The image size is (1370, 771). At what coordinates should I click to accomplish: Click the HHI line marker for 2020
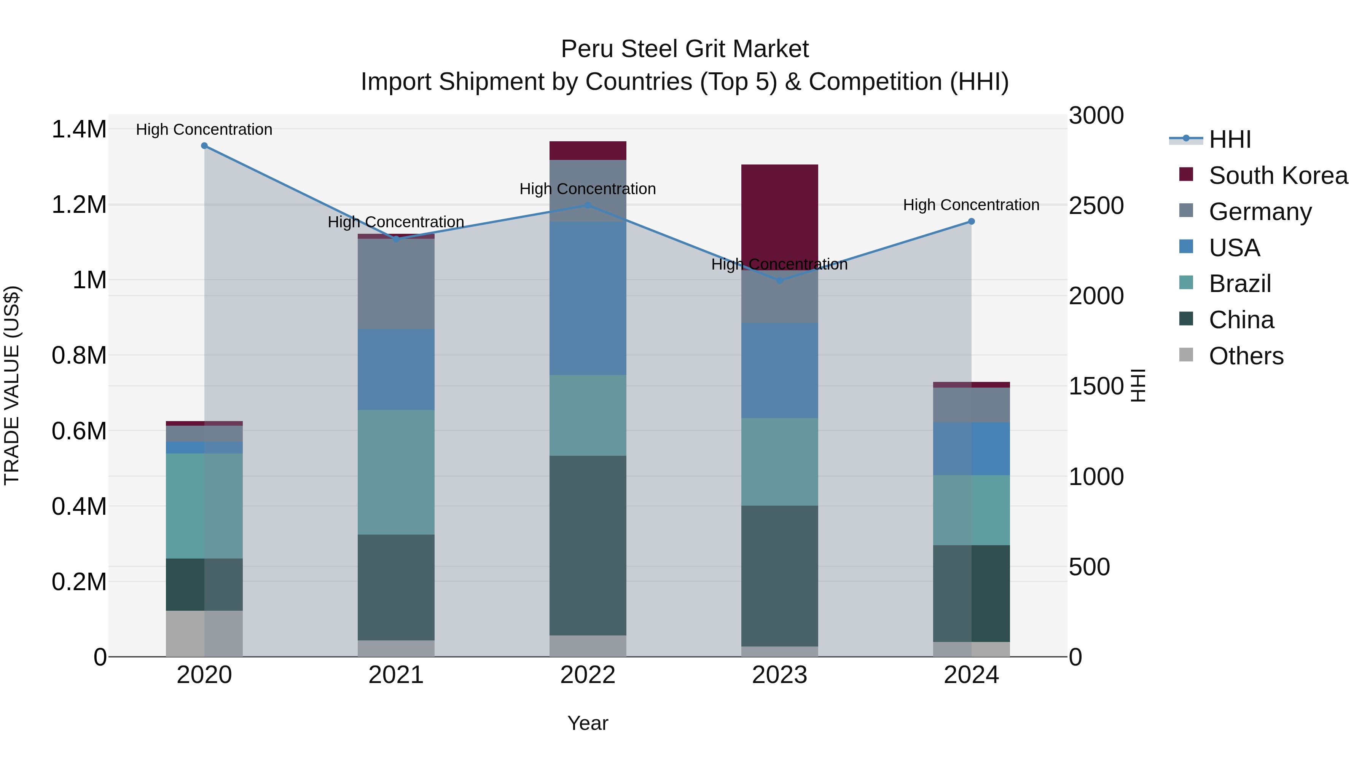click(x=204, y=146)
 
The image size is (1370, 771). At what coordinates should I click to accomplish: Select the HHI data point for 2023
click(x=780, y=280)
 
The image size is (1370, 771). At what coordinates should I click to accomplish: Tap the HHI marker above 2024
click(x=971, y=221)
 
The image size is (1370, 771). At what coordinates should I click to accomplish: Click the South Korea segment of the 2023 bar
click(x=780, y=213)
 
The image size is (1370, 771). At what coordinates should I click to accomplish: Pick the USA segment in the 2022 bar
click(x=588, y=298)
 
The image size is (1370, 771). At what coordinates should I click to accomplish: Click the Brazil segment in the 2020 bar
click(x=204, y=506)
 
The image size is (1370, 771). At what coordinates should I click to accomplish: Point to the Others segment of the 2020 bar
click(x=204, y=633)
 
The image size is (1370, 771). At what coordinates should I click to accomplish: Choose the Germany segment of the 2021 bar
click(x=396, y=284)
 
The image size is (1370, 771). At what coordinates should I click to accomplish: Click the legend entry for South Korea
click(x=1278, y=176)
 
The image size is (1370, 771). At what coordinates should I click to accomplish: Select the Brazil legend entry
click(x=1240, y=284)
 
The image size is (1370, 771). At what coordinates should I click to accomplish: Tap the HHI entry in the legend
click(x=1230, y=139)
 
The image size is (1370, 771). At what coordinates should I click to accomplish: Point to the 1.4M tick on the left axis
click(x=79, y=129)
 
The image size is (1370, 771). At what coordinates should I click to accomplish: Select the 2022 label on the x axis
click(x=588, y=675)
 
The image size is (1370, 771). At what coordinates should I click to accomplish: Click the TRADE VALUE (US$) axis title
click(x=12, y=385)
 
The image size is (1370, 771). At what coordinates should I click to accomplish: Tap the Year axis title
click(x=588, y=723)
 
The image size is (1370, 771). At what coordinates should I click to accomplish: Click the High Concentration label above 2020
click(x=204, y=129)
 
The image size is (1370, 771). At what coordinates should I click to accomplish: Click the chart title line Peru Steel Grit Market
click(x=685, y=49)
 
